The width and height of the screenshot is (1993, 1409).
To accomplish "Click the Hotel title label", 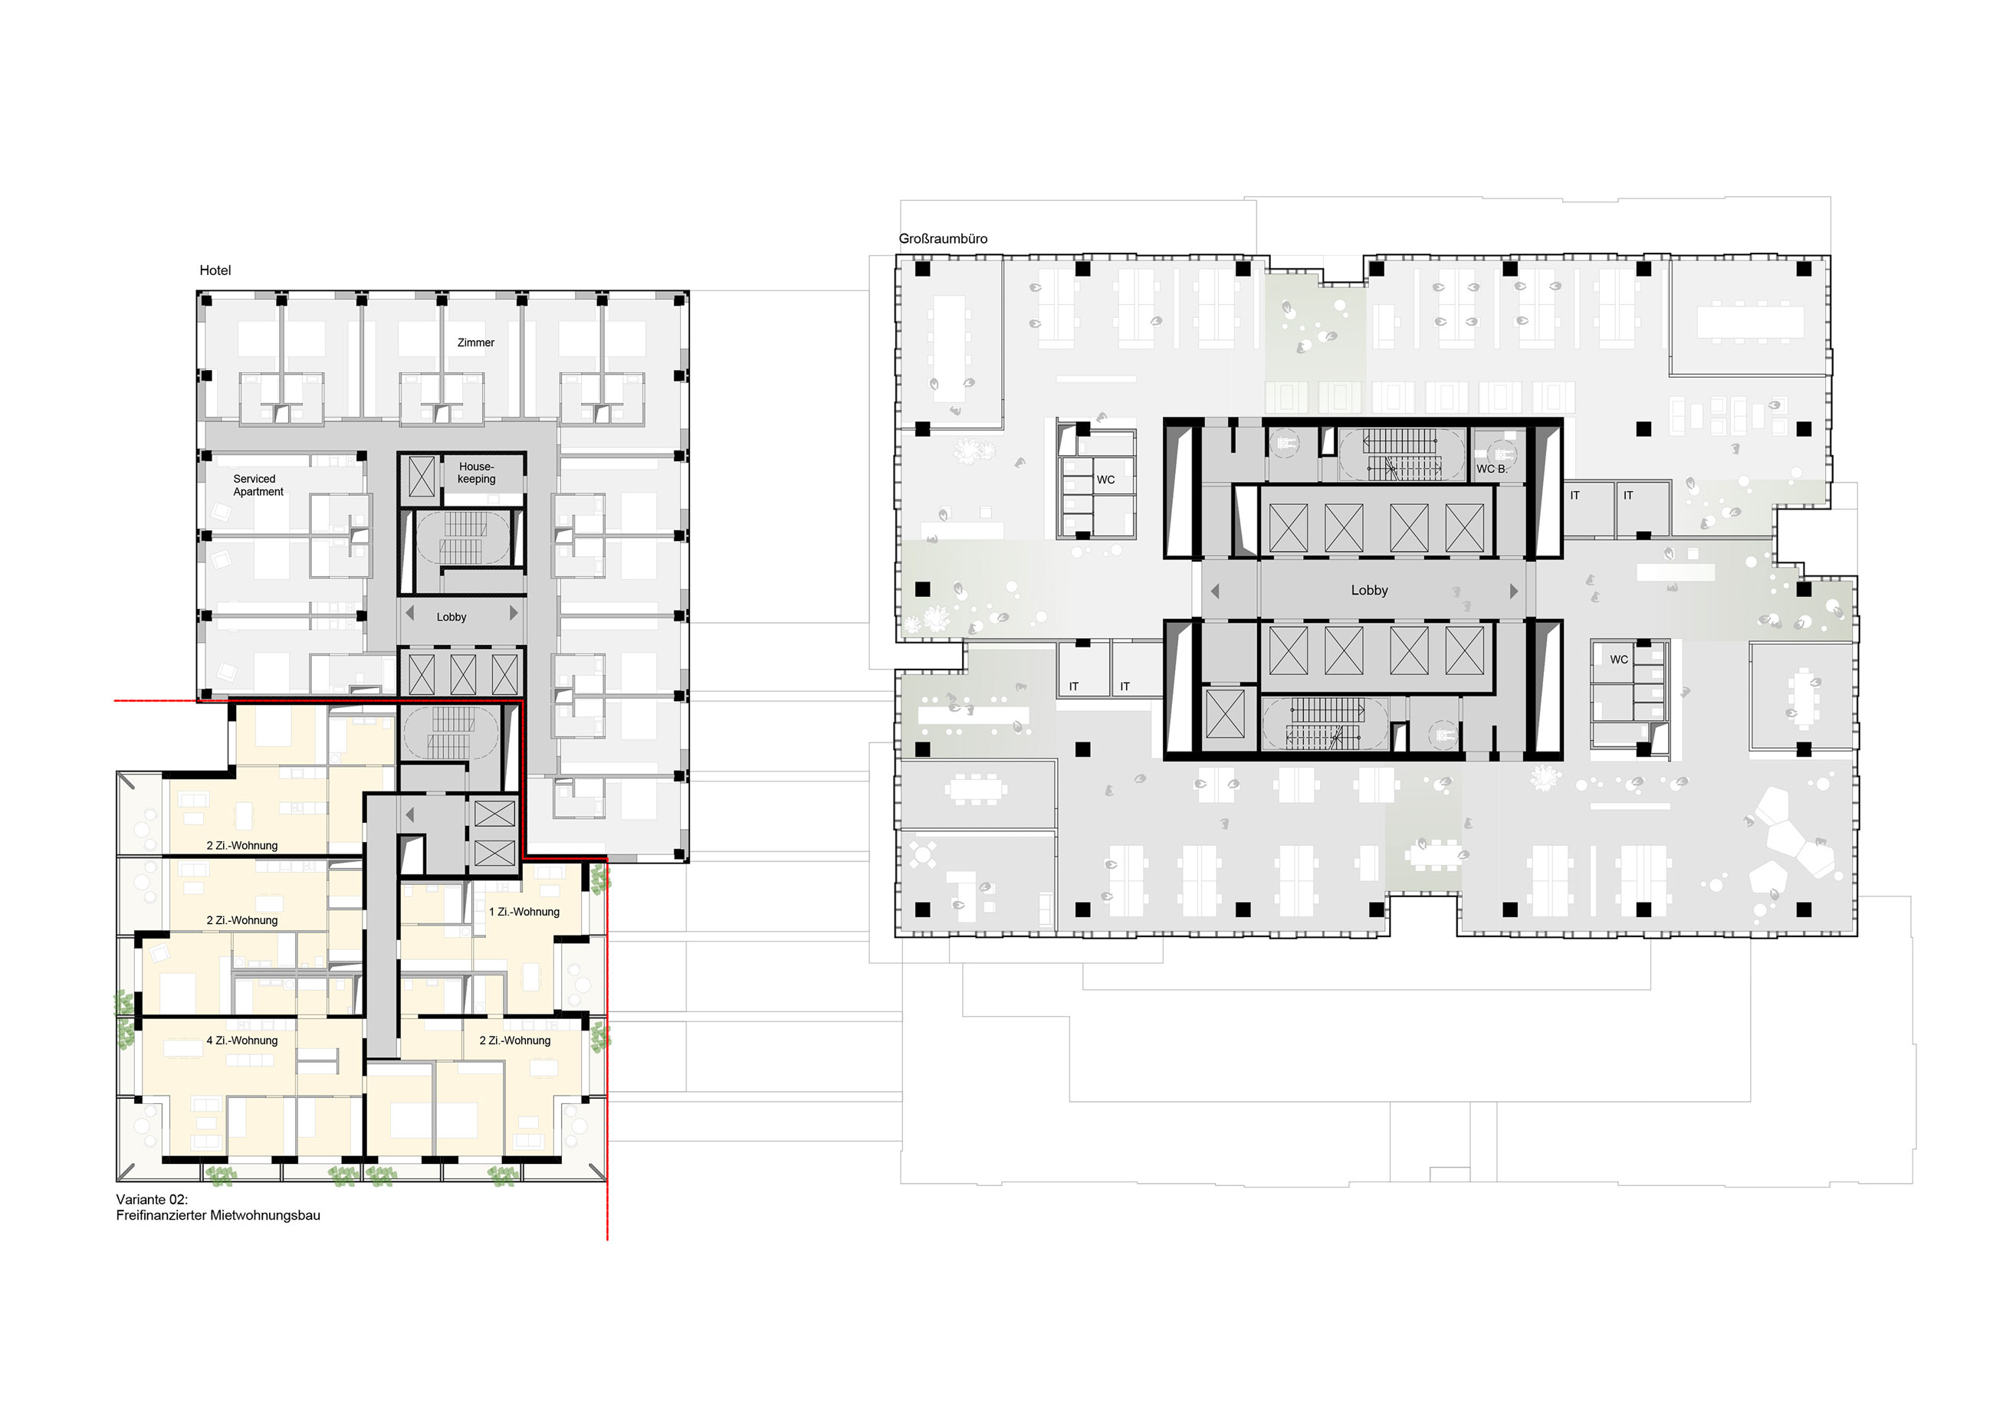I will click(215, 270).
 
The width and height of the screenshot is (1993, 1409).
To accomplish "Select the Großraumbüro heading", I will click(943, 238).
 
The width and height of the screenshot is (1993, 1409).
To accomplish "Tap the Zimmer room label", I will click(476, 342).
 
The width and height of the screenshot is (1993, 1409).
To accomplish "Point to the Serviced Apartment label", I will click(258, 485).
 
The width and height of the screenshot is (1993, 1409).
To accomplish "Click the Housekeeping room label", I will click(477, 473).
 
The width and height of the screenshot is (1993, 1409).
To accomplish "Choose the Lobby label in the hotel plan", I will click(451, 617).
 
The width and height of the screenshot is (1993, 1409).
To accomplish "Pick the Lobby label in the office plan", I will click(1369, 590).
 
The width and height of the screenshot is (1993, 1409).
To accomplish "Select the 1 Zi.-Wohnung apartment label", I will click(524, 912).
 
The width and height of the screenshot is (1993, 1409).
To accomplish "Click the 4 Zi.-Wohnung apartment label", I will click(242, 1040).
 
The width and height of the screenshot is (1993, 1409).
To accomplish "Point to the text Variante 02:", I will click(152, 1199).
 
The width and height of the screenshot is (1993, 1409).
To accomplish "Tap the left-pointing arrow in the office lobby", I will click(1215, 591).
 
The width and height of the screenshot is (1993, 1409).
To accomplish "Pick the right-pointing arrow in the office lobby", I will click(1514, 591).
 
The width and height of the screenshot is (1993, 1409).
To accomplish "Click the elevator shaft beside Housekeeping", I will click(421, 477).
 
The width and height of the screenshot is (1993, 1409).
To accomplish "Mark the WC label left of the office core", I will click(1105, 480).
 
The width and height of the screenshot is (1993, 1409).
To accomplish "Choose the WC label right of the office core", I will click(1619, 660).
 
